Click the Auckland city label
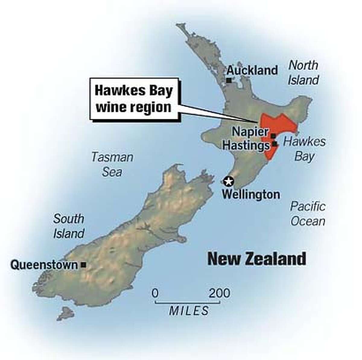coord(252,71)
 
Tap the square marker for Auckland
coord(229,81)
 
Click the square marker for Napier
coord(273,136)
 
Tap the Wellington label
coord(251,194)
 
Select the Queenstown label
coord(44,265)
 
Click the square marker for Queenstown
coord(84,265)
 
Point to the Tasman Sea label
coord(112,165)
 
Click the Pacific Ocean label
coord(308,214)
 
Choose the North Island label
coord(303,73)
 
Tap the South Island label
coord(69,226)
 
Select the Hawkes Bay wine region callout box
coord(134,99)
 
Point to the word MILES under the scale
coord(189,311)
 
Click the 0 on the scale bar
coord(155,293)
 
